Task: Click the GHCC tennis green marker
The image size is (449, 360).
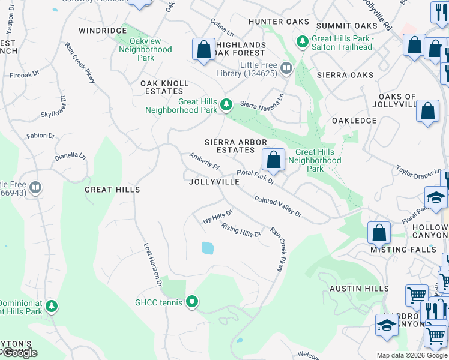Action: [192, 302]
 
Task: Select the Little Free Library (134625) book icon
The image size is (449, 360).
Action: [286, 68]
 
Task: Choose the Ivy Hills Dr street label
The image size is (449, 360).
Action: [217, 217]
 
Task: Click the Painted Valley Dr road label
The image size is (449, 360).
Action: [277, 207]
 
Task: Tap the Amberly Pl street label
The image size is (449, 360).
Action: [205, 161]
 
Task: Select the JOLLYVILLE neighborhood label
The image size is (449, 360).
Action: [210, 181]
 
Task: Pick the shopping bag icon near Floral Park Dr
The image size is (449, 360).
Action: [273, 160]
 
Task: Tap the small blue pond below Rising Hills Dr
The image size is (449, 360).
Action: [208, 247]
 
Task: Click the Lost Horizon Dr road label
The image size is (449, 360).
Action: [152, 264]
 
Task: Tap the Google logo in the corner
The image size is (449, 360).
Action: [19, 353]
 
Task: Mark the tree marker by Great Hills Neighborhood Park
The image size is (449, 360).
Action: [226, 105]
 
